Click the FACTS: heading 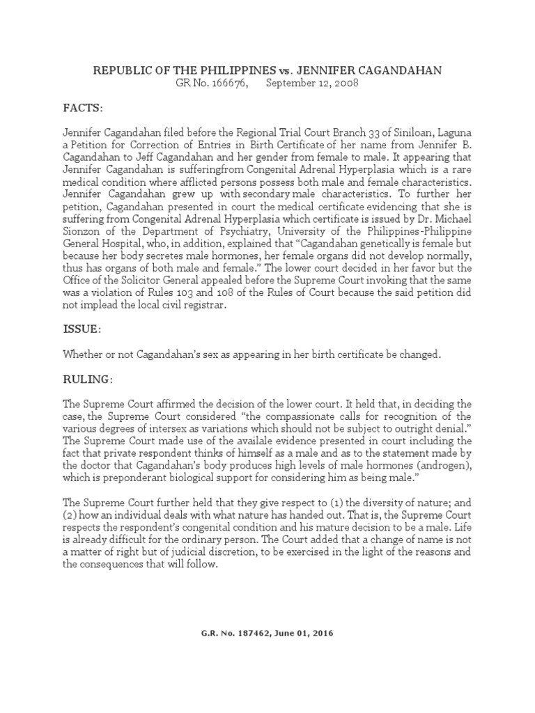(83, 109)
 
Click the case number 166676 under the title (229, 84)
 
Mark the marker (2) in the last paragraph (72, 515)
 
